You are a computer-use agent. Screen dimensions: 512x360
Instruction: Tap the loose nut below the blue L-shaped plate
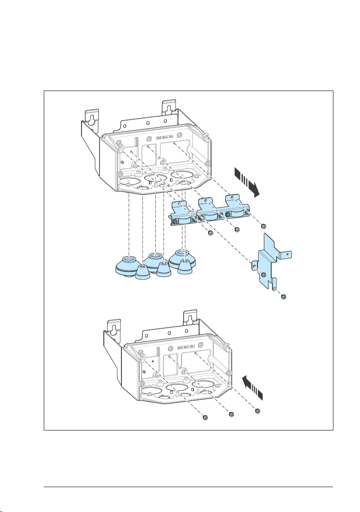283,297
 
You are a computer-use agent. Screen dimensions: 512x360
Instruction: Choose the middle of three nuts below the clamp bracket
237,230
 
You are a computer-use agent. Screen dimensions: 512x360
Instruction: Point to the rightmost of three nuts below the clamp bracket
263,226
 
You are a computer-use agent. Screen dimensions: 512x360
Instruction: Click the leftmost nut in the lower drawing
206,418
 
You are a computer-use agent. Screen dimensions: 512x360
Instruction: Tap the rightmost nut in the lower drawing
257,411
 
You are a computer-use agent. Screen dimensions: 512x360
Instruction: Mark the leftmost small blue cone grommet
144,273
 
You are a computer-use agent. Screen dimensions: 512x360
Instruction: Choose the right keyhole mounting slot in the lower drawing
189,317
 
